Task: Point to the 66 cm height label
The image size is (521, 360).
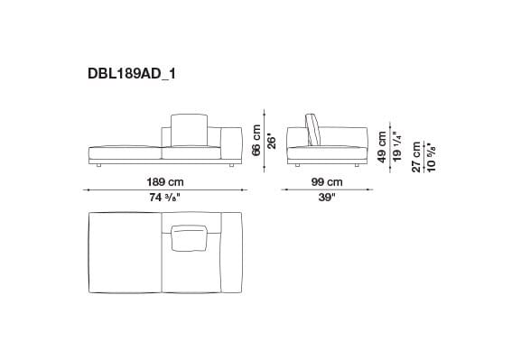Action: click(x=256, y=139)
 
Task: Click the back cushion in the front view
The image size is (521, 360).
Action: click(x=189, y=130)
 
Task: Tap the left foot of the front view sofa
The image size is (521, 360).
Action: click(x=98, y=167)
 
